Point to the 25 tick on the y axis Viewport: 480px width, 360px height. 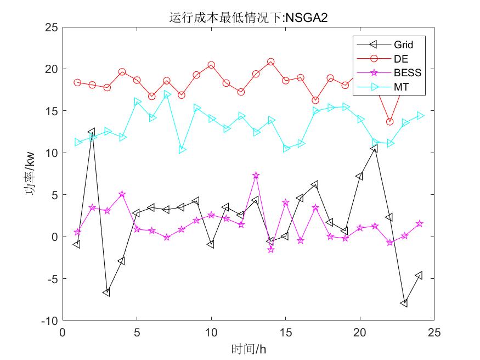click(x=51, y=27)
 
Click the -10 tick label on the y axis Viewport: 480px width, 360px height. click(x=49, y=320)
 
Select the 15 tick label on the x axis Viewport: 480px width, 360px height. click(x=285, y=333)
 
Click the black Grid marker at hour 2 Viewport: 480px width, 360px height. click(x=92, y=132)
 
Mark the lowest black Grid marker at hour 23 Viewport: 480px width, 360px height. click(x=404, y=303)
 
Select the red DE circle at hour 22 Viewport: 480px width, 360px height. click(x=389, y=121)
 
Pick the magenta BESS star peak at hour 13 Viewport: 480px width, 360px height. click(x=256, y=175)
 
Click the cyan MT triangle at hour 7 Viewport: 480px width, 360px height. click(x=167, y=94)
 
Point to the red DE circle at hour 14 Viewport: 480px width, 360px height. click(x=270, y=62)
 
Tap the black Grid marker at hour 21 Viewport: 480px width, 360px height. click(x=374, y=148)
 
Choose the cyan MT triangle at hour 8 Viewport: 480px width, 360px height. click(x=182, y=149)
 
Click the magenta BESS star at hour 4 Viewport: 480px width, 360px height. click(x=122, y=194)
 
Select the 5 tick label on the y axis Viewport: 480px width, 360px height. click(x=54, y=195)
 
